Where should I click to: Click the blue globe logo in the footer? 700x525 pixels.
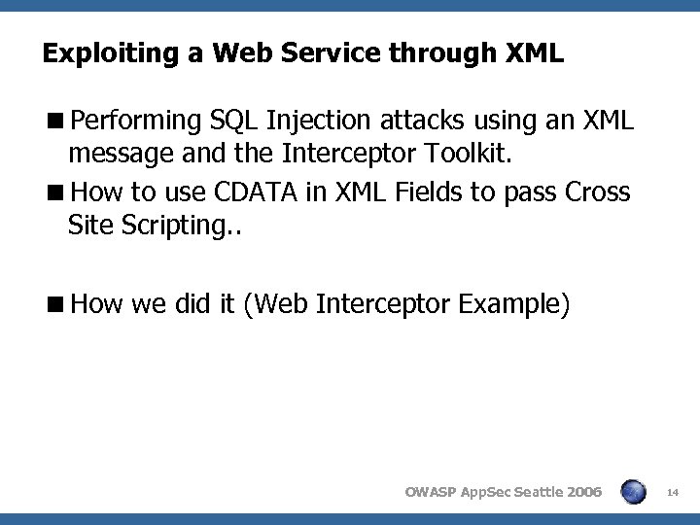[633, 491]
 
